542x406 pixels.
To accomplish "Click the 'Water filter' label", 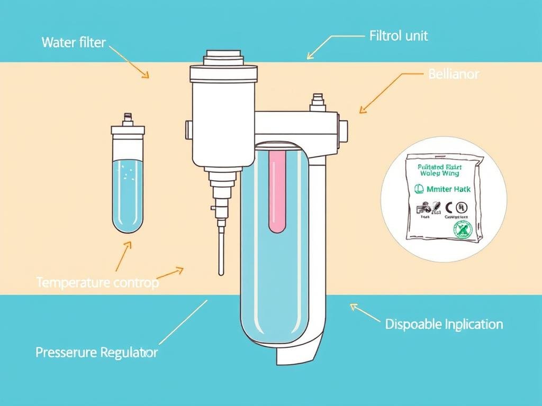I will pyautogui.click(x=74, y=42).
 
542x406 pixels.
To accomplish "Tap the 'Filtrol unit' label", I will pyautogui.click(x=398, y=36).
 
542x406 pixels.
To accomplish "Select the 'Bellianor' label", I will pyautogui.click(x=453, y=74).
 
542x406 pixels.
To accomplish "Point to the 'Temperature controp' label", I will pyautogui.click(x=97, y=283).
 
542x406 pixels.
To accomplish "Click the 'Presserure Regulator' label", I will pyautogui.click(x=96, y=353).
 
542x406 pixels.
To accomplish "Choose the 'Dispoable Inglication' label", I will pyautogui.click(x=444, y=324).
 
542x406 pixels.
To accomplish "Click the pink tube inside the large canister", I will pyautogui.click(x=277, y=190).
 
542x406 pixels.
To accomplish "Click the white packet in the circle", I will pyautogui.click(x=444, y=196).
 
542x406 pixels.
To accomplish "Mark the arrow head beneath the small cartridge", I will pyautogui.click(x=128, y=245).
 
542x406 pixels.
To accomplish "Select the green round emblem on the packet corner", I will pyautogui.click(x=462, y=228).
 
